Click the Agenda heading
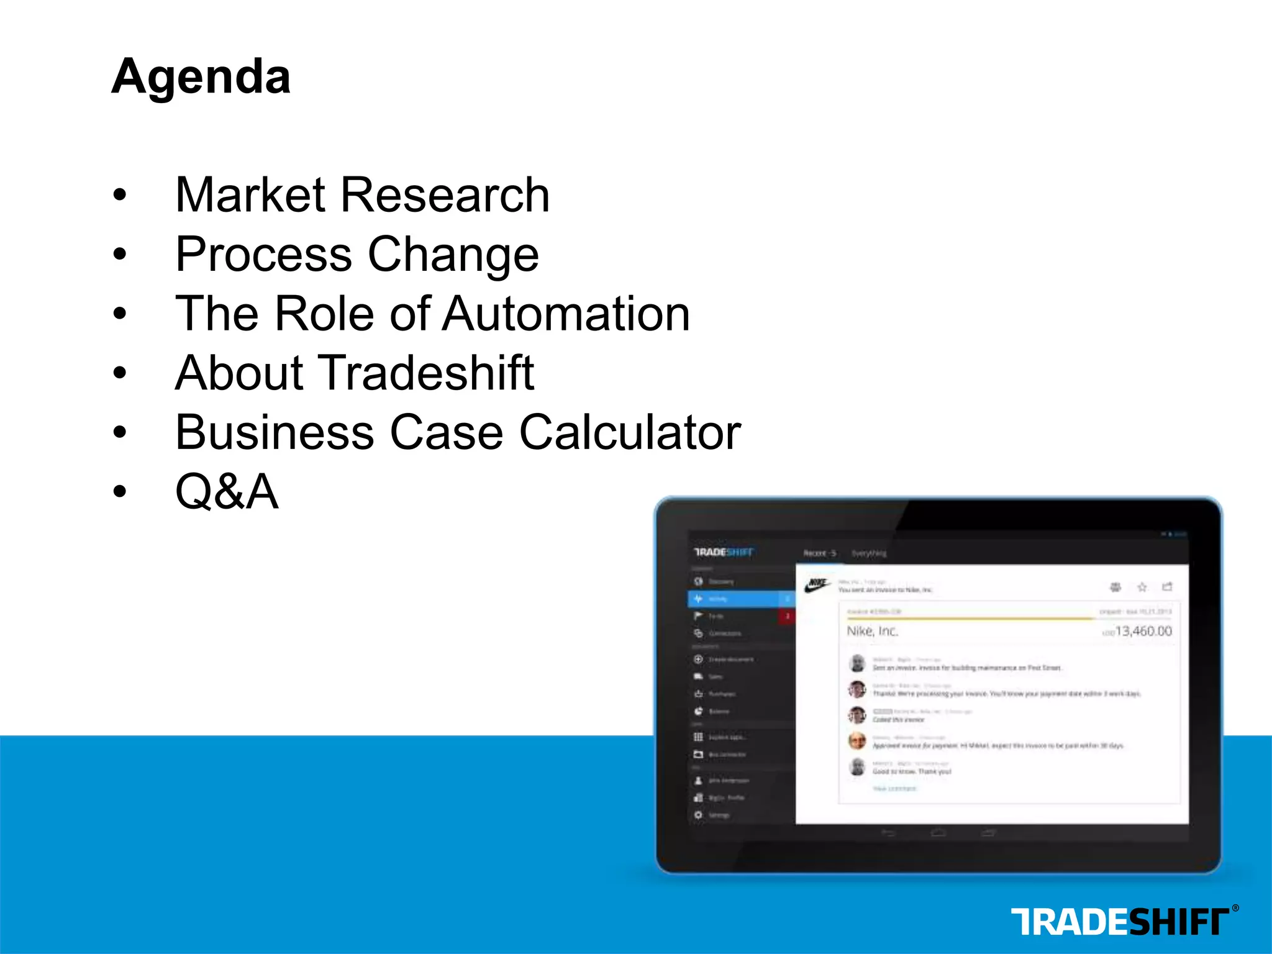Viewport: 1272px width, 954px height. [201, 76]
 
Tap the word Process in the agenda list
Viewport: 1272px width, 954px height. [263, 255]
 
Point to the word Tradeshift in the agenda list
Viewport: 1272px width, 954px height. [426, 373]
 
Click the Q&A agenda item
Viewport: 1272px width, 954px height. [227, 491]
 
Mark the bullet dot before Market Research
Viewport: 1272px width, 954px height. [120, 195]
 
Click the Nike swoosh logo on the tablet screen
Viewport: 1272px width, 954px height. [817, 585]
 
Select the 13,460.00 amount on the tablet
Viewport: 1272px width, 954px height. [1143, 631]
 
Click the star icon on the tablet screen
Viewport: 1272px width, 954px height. [1142, 587]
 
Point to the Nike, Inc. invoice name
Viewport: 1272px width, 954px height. [872, 631]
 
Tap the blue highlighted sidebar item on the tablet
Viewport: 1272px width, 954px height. [739, 599]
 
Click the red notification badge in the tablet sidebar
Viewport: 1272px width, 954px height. [788, 616]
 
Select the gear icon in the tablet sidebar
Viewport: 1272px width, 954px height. [698, 815]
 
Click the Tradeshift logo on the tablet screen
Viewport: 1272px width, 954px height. [724, 552]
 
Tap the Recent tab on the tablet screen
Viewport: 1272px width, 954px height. [819, 553]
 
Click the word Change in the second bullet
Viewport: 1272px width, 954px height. [453, 255]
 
